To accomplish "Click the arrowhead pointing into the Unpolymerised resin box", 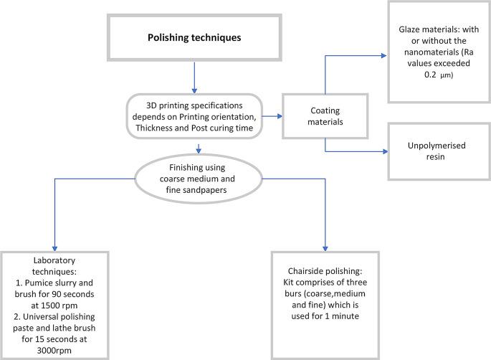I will [x=384, y=151].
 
